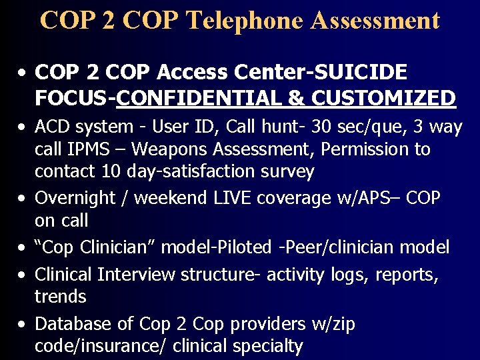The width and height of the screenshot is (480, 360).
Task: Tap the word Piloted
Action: pos(253,247)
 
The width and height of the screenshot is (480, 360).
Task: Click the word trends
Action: pos(60,297)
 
